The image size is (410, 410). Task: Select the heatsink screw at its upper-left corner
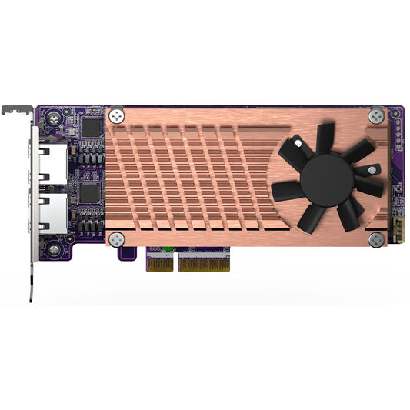(117, 116)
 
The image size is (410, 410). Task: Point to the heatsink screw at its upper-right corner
(375, 116)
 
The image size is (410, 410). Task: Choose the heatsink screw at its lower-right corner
(375, 240)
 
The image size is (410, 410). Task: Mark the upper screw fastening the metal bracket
(53, 119)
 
